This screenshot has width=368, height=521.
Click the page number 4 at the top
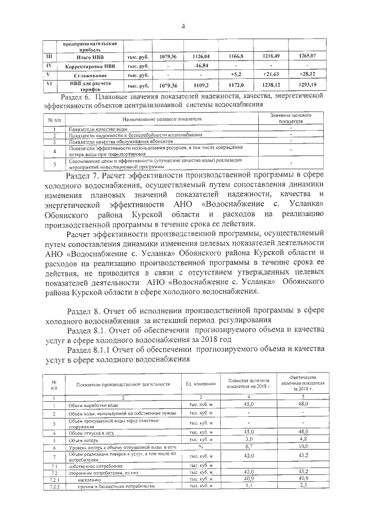pos(183,26)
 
